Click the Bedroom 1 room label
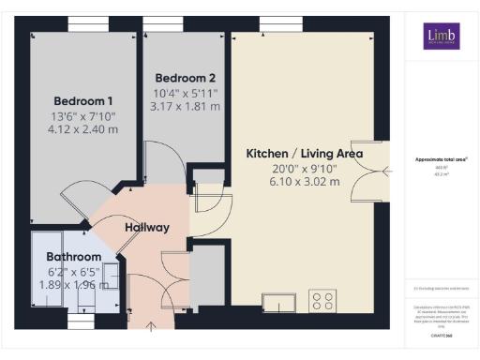(83, 101)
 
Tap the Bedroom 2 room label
(186, 77)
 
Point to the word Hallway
(147, 227)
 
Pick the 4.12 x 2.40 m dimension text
(83, 131)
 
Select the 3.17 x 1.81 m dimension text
(186, 107)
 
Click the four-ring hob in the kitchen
(323, 302)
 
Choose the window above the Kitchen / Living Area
(273, 21)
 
